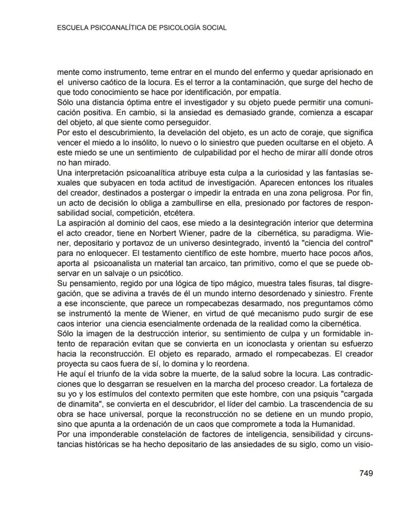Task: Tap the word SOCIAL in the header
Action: (214, 28)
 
